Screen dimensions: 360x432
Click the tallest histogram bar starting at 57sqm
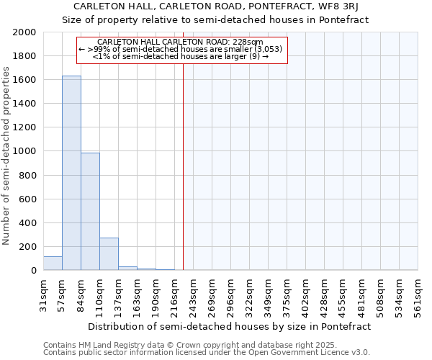click(x=71, y=173)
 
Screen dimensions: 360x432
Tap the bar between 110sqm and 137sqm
click(x=109, y=253)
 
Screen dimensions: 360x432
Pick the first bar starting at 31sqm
click(x=53, y=264)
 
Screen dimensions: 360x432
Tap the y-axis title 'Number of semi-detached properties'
click(x=7, y=156)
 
